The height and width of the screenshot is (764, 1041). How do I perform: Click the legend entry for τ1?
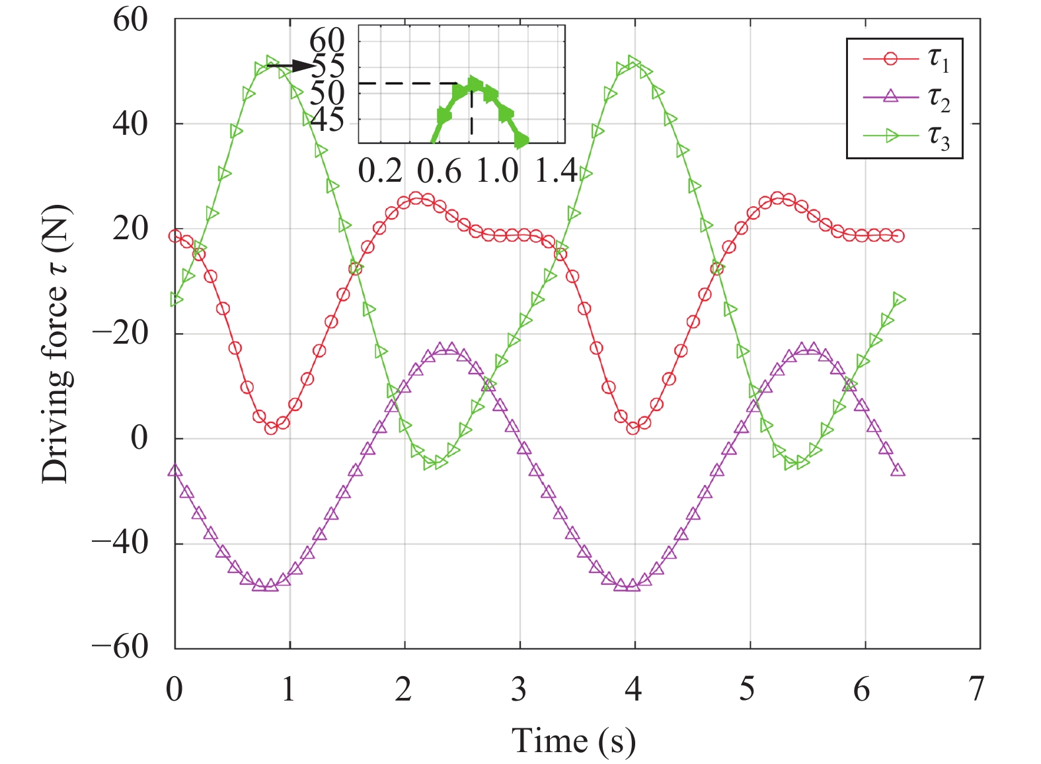[906, 59]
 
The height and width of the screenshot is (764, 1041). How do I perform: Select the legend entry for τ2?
[906, 98]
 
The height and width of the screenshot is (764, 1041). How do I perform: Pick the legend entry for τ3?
[906, 136]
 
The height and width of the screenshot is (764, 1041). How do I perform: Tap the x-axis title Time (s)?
[574, 740]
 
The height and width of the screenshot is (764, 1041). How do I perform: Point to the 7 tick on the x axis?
[977, 689]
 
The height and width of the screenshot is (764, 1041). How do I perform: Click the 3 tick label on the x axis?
[519, 689]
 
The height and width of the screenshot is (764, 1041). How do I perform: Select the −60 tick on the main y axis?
[121, 646]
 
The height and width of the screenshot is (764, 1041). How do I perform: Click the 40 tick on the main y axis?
[130, 124]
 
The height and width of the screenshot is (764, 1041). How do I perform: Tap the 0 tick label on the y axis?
[139, 438]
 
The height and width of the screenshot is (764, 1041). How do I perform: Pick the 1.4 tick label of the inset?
[555, 171]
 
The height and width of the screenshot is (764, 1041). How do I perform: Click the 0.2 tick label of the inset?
[380, 171]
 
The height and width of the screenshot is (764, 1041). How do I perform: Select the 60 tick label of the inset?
[327, 41]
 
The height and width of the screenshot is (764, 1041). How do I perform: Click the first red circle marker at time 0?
[175, 236]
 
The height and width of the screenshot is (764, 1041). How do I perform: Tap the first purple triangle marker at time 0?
[175, 471]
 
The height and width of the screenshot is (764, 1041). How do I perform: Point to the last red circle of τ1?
[898, 236]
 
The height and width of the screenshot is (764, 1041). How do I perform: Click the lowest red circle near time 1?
[271, 428]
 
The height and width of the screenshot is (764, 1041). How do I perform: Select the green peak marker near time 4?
[634, 61]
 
